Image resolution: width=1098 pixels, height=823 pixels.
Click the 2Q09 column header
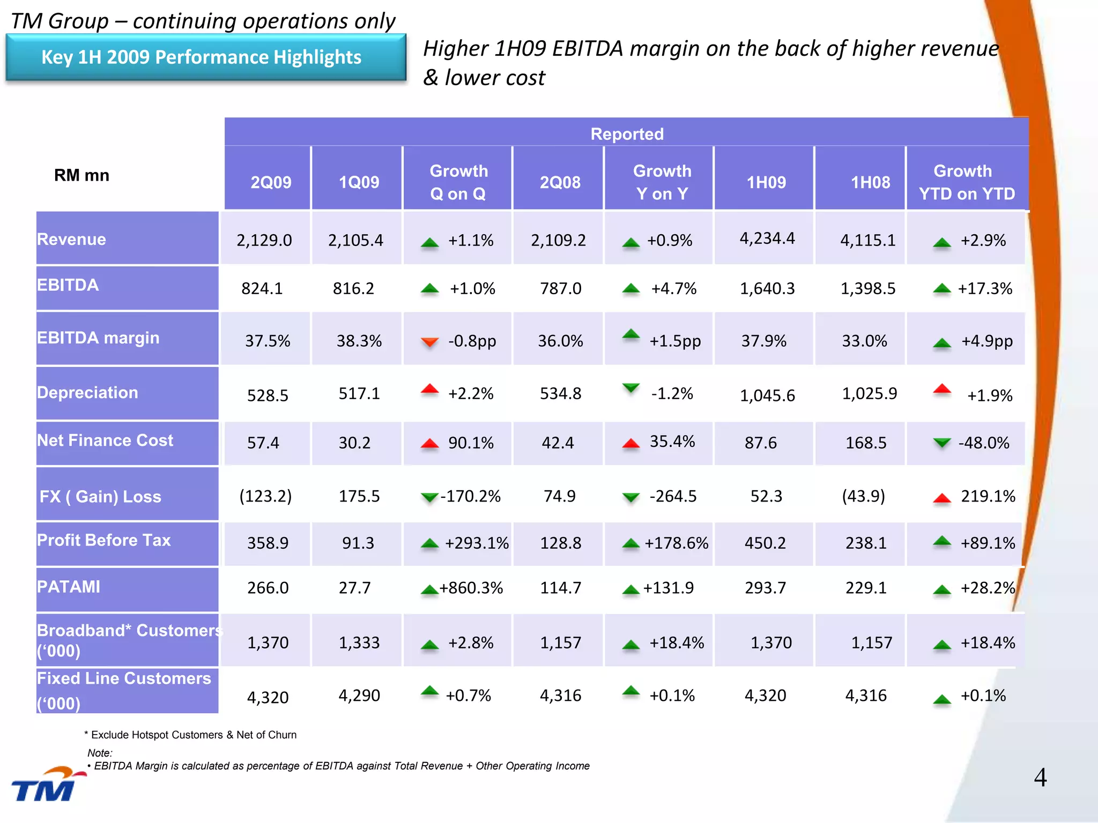(x=271, y=182)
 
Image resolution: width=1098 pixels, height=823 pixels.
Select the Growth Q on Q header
(x=458, y=182)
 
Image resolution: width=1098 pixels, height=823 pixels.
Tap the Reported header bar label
(x=627, y=133)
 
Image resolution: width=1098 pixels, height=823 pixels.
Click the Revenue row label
(x=71, y=239)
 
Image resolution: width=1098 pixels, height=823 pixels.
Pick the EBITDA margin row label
(x=98, y=338)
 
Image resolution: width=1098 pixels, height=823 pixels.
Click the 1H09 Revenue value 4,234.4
(x=767, y=238)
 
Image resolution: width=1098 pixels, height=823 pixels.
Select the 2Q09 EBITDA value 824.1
(x=262, y=288)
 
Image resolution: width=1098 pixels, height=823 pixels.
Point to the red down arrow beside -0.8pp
(x=429, y=341)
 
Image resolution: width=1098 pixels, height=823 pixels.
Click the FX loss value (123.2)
(x=265, y=496)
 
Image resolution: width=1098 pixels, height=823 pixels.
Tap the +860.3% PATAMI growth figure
(x=471, y=588)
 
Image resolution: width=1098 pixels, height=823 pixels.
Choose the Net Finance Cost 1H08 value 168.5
(x=865, y=443)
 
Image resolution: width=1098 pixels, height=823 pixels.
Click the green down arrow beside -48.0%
(x=941, y=443)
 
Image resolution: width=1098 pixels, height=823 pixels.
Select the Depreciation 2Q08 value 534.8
(x=560, y=393)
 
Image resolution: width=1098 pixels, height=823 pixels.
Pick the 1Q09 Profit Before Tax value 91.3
(x=358, y=543)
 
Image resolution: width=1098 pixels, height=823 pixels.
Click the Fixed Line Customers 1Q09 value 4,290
(x=359, y=695)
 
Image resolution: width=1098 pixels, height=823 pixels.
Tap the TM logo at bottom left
(x=46, y=785)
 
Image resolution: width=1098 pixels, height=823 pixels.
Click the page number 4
(x=1040, y=777)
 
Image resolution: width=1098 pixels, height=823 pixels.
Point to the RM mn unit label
(x=81, y=175)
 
